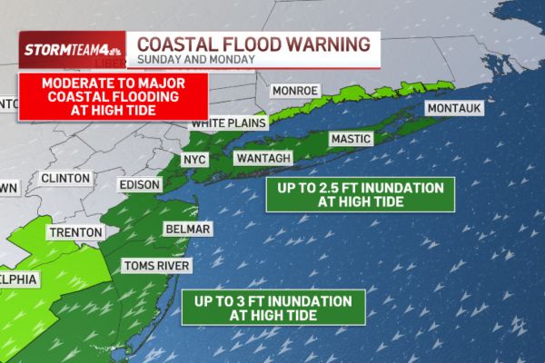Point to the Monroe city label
(x=295, y=91)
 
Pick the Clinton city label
(x=65, y=178)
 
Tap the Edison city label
(x=140, y=185)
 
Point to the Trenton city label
(x=74, y=232)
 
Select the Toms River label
(x=155, y=266)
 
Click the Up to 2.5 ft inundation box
(x=360, y=194)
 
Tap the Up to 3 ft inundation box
(x=273, y=307)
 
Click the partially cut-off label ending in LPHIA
(x=18, y=280)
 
